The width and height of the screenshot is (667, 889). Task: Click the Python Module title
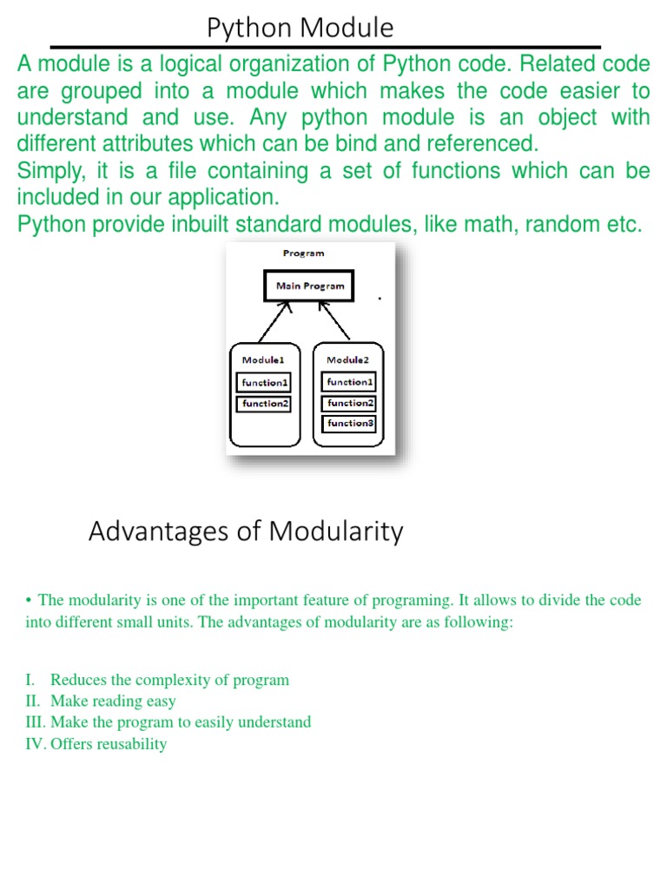pos(300,29)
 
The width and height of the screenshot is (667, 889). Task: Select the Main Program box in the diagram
pos(309,286)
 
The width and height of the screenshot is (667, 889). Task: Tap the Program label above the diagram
pos(303,254)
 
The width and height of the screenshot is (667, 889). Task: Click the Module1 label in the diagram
pos(263,359)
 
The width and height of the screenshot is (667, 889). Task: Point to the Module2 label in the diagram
pos(347,359)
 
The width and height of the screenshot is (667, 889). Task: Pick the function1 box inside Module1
pos(264,383)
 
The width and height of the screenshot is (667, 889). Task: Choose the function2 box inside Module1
pos(264,404)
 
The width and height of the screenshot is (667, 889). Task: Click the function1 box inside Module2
pos(349,382)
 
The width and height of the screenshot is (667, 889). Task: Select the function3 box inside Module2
pos(349,424)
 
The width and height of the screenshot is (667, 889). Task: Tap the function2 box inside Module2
pos(349,403)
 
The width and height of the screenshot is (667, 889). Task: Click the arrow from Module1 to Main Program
pos(274,323)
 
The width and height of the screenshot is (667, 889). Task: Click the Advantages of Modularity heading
pos(246,530)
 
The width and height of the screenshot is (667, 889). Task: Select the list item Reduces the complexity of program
pos(169,680)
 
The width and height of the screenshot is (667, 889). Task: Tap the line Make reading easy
pos(113,701)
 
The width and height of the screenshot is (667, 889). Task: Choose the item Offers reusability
pos(109,744)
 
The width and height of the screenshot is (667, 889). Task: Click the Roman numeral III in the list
pos(36,722)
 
